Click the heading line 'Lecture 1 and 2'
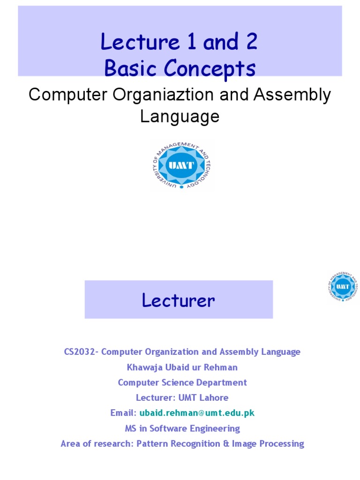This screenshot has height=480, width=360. (180, 43)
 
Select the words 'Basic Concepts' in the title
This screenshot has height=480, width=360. (180, 68)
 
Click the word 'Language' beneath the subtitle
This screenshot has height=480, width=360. (180, 116)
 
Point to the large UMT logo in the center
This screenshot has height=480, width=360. (180, 166)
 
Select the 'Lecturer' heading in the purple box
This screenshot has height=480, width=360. (179, 300)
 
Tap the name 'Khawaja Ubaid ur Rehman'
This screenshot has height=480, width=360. (182, 367)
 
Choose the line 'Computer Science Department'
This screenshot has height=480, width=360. (182, 382)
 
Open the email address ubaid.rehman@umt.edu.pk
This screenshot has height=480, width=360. (197, 413)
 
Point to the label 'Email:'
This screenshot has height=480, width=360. (123, 413)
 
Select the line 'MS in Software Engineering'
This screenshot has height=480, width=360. (182, 428)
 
